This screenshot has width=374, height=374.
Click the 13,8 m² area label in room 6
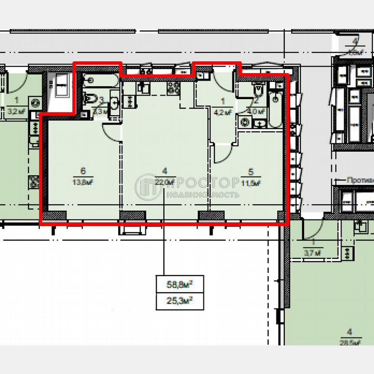83,182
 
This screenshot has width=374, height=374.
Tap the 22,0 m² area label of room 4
164,182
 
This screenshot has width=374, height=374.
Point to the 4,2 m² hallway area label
223,111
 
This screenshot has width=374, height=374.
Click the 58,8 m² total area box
180,284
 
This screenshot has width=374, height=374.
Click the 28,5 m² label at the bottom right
350,343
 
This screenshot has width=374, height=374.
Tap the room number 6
82,170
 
